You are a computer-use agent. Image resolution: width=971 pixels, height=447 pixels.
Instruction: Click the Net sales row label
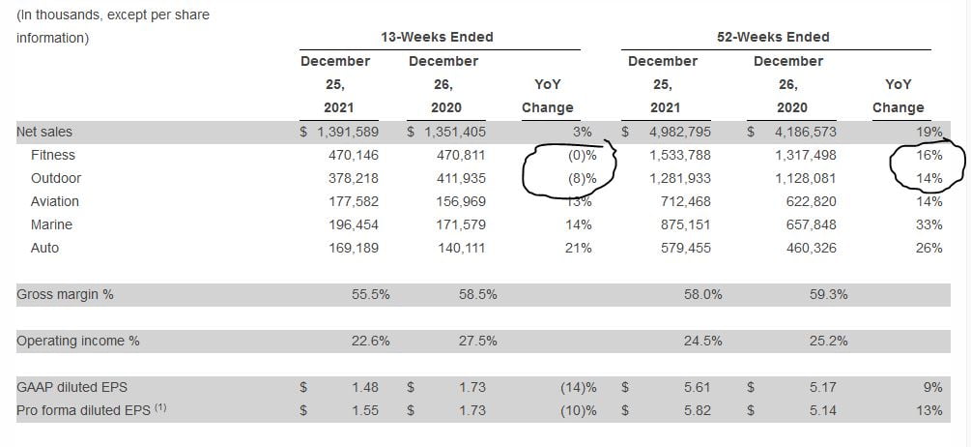pos(44,132)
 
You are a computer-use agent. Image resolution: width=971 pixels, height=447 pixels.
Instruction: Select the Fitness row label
pos(52,155)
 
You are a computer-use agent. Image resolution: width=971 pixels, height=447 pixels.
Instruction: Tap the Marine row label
pos(51,224)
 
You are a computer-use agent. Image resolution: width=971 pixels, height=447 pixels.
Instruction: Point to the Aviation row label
pos(55,201)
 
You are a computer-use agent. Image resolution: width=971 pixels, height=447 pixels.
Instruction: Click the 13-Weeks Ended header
pos(438,37)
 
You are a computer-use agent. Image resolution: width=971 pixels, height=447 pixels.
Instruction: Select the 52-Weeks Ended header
pos(773,37)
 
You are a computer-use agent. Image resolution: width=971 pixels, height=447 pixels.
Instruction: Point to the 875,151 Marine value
pos(684,224)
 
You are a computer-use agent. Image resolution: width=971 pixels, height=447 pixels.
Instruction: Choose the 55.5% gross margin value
pos(370,294)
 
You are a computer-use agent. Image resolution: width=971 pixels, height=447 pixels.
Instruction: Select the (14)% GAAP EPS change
pos(578,387)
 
